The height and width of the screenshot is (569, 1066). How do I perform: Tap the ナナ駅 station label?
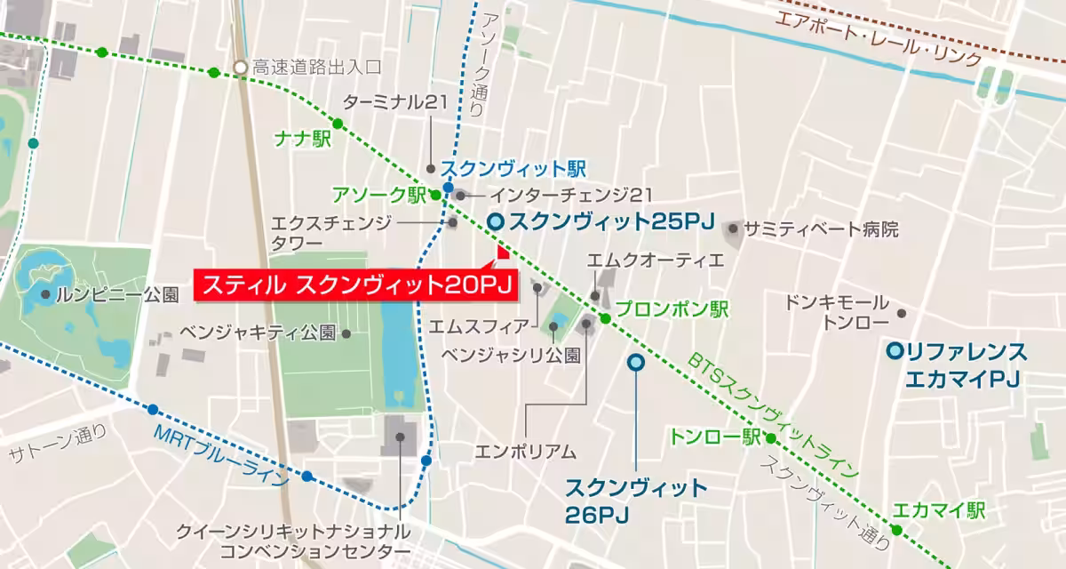(x=298, y=140)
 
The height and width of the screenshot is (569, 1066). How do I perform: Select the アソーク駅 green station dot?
(x=435, y=195)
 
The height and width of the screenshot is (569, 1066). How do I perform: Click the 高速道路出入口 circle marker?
(x=240, y=68)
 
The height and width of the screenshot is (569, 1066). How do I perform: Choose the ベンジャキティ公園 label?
(x=258, y=333)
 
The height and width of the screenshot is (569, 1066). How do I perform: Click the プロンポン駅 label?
(x=672, y=310)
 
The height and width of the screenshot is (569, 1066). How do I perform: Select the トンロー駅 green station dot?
(x=770, y=438)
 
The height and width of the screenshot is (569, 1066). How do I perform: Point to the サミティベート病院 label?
(x=822, y=229)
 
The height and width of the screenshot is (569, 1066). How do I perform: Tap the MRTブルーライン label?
(x=221, y=454)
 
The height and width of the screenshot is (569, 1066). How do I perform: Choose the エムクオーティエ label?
(x=656, y=260)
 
